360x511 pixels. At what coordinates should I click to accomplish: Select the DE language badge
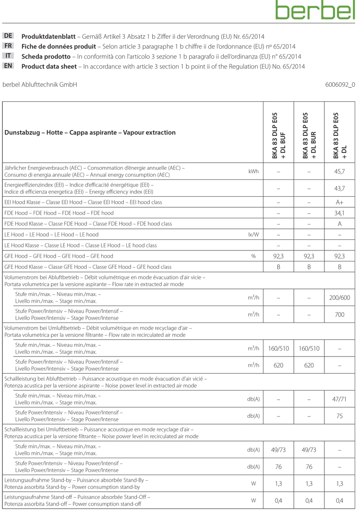[x=9, y=36]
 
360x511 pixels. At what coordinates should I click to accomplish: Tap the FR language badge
[x=9, y=46]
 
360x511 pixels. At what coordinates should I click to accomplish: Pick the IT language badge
[x=9, y=56]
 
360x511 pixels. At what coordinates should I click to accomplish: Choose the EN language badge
[x=9, y=66]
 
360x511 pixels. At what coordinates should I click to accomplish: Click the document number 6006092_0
[x=340, y=84]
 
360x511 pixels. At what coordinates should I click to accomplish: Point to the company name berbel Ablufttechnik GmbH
[x=40, y=84]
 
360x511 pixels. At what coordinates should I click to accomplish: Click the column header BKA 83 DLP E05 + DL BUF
[x=278, y=136]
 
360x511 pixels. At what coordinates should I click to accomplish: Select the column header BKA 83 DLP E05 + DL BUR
[x=309, y=136]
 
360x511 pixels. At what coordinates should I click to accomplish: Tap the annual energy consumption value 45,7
[x=339, y=171]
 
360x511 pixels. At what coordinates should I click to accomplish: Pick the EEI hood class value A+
[x=339, y=202]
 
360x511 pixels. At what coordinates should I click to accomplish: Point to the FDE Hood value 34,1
[x=339, y=213]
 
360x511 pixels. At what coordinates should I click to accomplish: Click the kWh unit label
[x=253, y=171]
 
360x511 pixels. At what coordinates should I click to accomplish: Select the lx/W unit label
[x=253, y=235]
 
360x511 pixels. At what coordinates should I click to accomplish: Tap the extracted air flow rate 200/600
[x=339, y=297]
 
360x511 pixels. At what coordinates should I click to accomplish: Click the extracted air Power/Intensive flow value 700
[x=339, y=314]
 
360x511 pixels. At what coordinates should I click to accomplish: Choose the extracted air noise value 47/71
[x=339, y=399]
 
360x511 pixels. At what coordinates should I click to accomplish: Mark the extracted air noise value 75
[x=339, y=416]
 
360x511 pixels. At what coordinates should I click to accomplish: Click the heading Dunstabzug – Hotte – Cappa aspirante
[x=90, y=132]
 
